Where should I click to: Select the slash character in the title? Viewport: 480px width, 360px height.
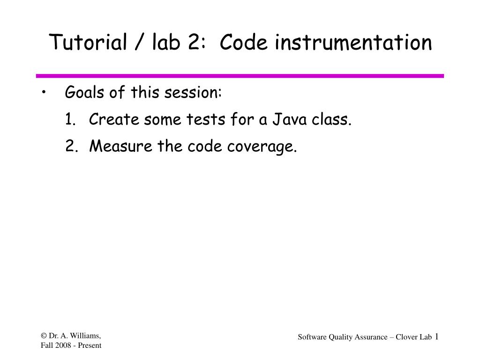click(x=139, y=43)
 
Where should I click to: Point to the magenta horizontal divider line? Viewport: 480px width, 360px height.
click(x=240, y=75)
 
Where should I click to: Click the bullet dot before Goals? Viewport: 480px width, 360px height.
click(x=43, y=93)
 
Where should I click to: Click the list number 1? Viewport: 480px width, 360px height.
click(x=70, y=120)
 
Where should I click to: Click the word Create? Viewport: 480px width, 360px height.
click(x=114, y=120)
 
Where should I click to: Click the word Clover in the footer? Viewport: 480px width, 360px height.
click(x=406, y=337)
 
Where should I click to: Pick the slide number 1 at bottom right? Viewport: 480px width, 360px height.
click(x=436, y=337)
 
